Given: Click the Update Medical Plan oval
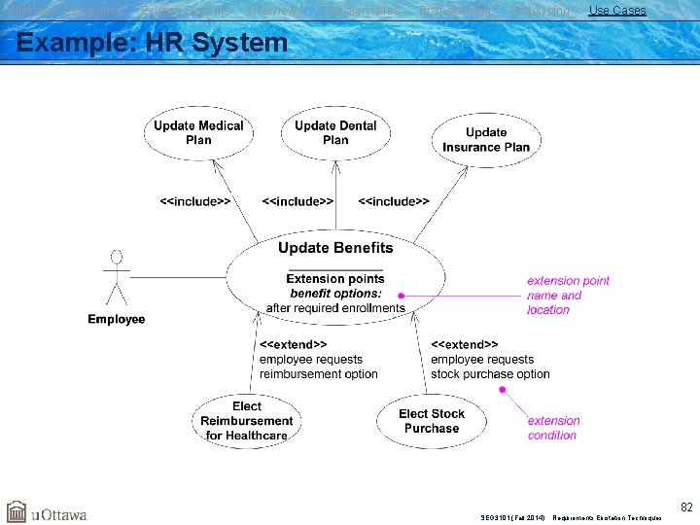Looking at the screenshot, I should [x=198, y=133].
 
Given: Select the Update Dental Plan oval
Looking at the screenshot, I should [x=335, y=133].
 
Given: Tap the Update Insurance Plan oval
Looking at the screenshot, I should [x=486, y=140].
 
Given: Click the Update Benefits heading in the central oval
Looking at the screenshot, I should [x=335, y=248].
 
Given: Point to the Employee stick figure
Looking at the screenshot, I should [x=117, y=278].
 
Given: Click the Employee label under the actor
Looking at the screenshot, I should [x=117, y=319].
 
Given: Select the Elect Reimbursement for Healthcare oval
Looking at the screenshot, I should [x=247, y=421].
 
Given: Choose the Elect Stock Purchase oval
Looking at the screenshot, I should [x=432, y=421].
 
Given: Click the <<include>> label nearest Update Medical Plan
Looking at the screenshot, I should [x=195, y=201].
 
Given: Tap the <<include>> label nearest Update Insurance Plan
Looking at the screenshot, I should [x=394, y=201].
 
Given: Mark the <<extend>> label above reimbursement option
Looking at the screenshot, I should [x=293, y=344].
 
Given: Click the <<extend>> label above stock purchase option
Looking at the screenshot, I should [x=465, y=344].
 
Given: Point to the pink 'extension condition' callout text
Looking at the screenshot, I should [x=553, y=428].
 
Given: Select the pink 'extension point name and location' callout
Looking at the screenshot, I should [x=568, y=295].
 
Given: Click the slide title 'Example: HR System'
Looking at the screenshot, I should [x=153, y=43].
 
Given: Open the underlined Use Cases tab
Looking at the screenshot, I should [x=616, y=10].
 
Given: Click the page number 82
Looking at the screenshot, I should [x=686, y=507].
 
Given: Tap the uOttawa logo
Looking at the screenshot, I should [x=47, y=512].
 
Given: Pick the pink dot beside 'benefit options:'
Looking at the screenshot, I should [x=401, y=295].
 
